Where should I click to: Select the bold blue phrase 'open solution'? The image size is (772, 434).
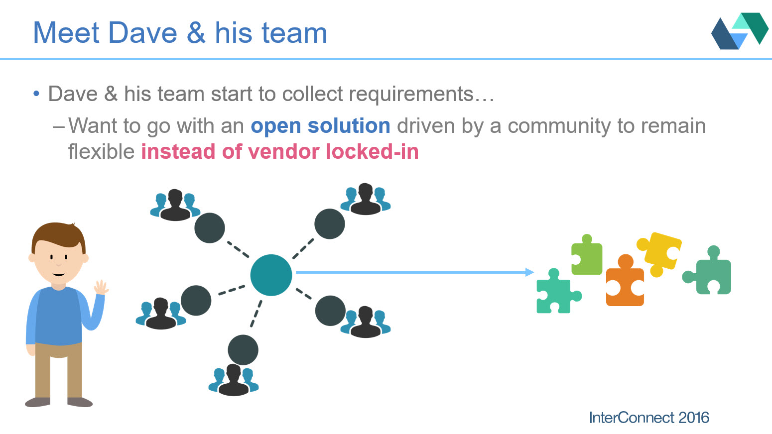pos(320,126)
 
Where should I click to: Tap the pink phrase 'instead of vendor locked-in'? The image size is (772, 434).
pos(279,152)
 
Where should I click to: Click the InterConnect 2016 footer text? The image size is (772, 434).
pos(648,417)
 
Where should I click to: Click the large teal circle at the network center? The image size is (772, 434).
pos(271,275)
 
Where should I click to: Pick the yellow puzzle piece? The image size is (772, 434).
pos(659,252)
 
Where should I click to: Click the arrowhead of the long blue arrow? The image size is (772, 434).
pos(529,272)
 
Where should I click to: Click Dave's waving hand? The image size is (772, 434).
pos(101,287)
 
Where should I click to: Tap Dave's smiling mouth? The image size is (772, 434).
pos(58,274)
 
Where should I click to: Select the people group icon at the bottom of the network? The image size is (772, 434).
pos(234,380)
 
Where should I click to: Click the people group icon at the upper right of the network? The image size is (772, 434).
pos(366,200)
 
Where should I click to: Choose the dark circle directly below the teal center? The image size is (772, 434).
pos(243,349)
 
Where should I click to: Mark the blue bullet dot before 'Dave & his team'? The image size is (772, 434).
pos(36,94)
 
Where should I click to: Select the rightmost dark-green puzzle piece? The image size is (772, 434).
pos(709,273)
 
